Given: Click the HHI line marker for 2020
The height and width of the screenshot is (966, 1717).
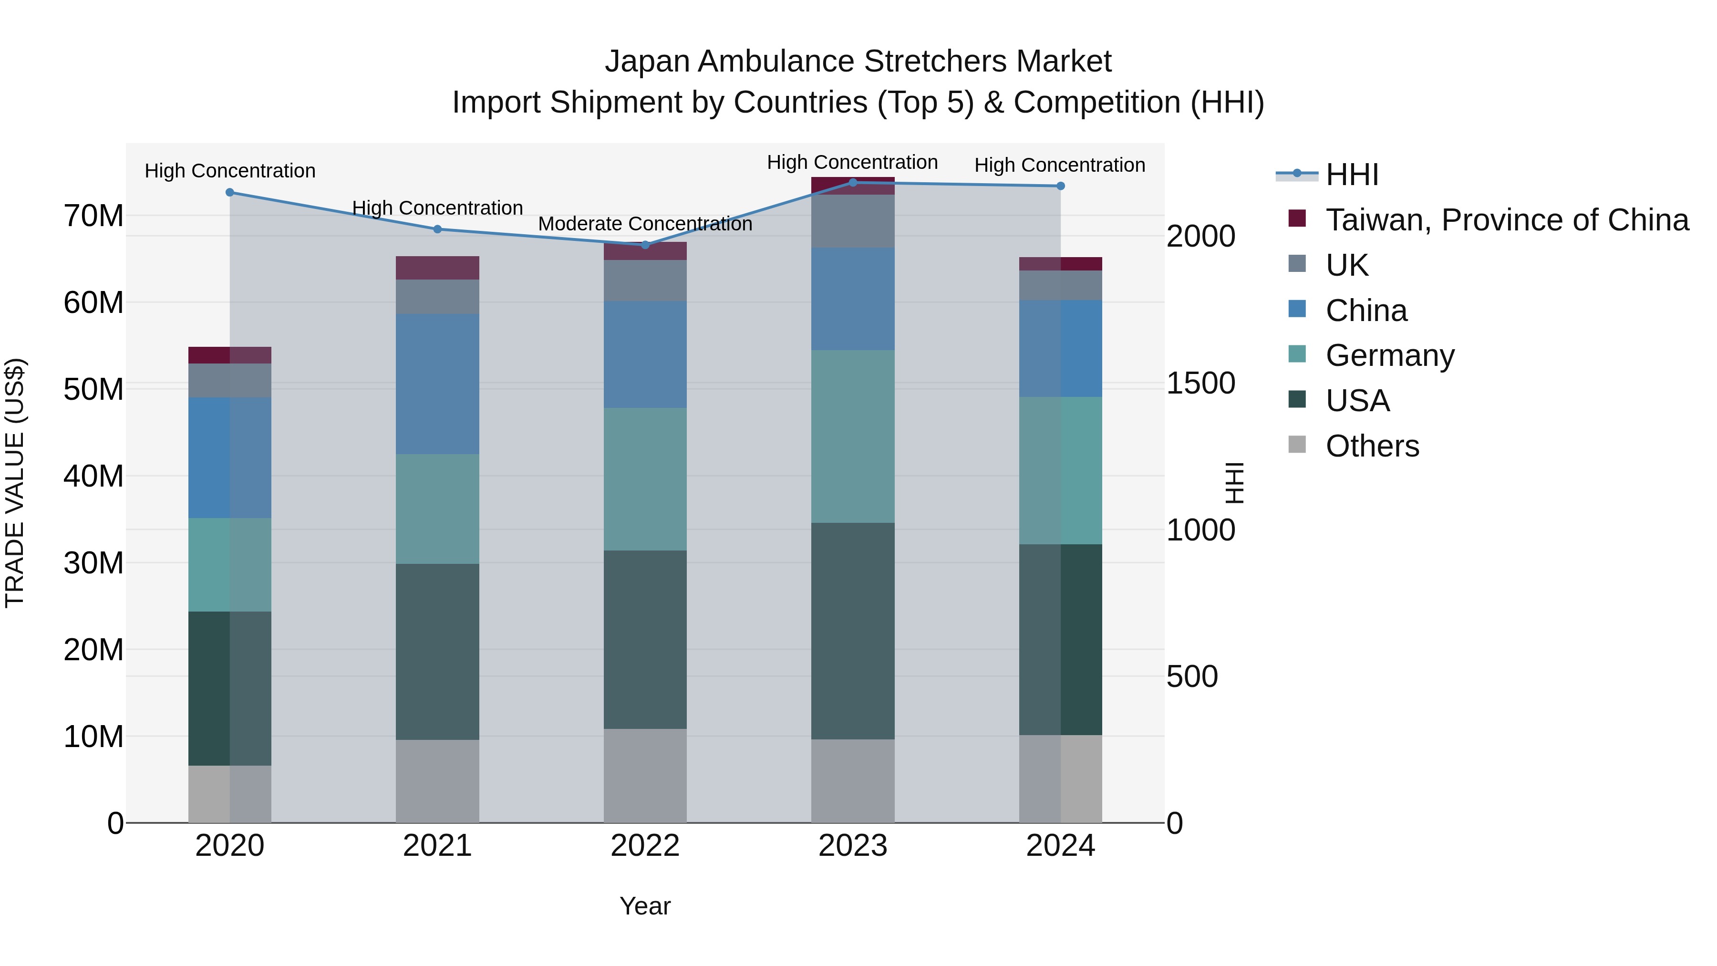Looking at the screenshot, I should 230,193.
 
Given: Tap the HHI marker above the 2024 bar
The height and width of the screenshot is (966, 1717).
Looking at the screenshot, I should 1060,186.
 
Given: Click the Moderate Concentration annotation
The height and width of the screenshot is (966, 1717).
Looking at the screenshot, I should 644,224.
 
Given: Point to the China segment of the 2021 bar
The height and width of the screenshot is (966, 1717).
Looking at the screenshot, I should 437,384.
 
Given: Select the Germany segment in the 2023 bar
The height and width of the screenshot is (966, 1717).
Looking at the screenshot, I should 852,436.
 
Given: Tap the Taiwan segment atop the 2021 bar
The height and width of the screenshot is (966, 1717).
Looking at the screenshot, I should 437,268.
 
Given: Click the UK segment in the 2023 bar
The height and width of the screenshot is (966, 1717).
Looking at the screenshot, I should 852,221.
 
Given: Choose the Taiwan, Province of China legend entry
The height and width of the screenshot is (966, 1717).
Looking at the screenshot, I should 1506,220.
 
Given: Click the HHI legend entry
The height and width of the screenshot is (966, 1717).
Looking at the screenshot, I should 1352,175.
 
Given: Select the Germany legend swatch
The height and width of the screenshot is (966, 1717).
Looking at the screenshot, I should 1297,354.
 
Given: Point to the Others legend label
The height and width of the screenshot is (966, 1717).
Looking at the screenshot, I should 1372,446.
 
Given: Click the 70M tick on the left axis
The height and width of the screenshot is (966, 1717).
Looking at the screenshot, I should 93,216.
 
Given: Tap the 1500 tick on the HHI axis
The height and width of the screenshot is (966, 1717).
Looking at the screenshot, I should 1200,384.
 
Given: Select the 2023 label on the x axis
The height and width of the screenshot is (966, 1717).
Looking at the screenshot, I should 852,846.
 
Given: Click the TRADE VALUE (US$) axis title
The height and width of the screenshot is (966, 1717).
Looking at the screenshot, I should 15,483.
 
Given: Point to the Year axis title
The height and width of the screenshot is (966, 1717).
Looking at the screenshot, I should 644,906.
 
